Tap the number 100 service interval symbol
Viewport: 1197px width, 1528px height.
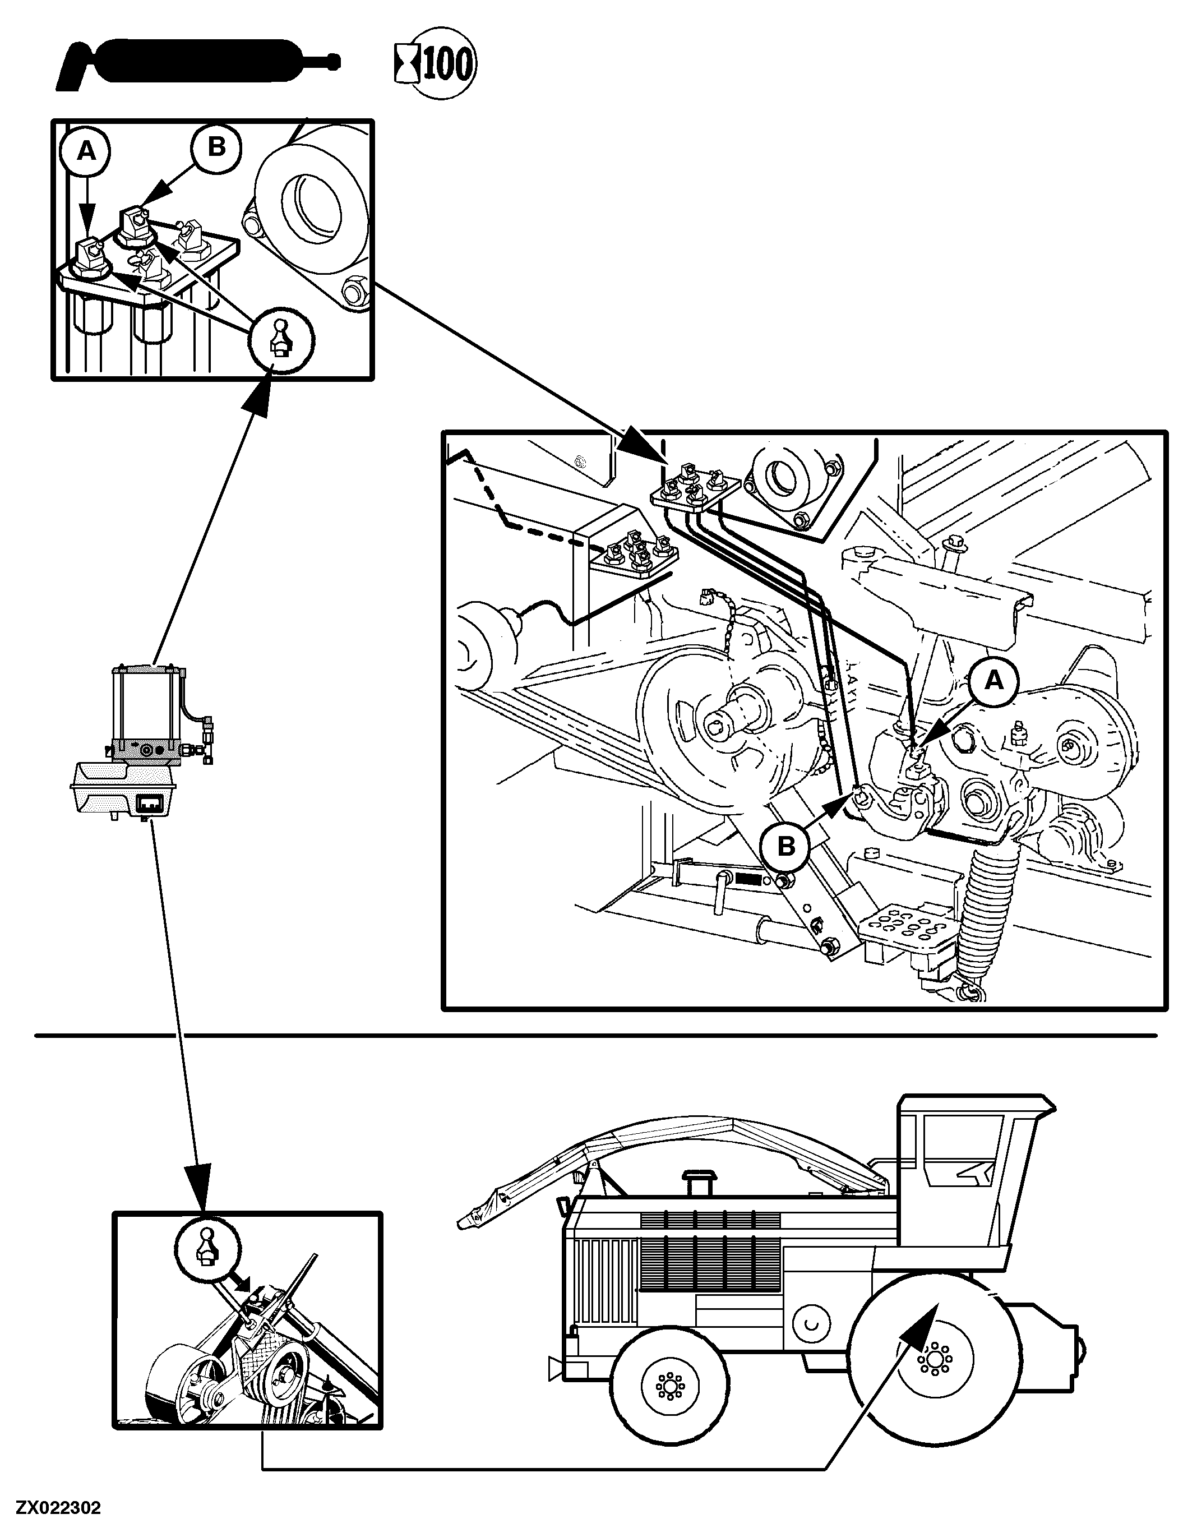click(x=435, y=65)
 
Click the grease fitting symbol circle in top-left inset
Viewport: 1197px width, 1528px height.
click(x=281, y=343)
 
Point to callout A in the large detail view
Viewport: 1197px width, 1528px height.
click(x=993, y=680)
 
